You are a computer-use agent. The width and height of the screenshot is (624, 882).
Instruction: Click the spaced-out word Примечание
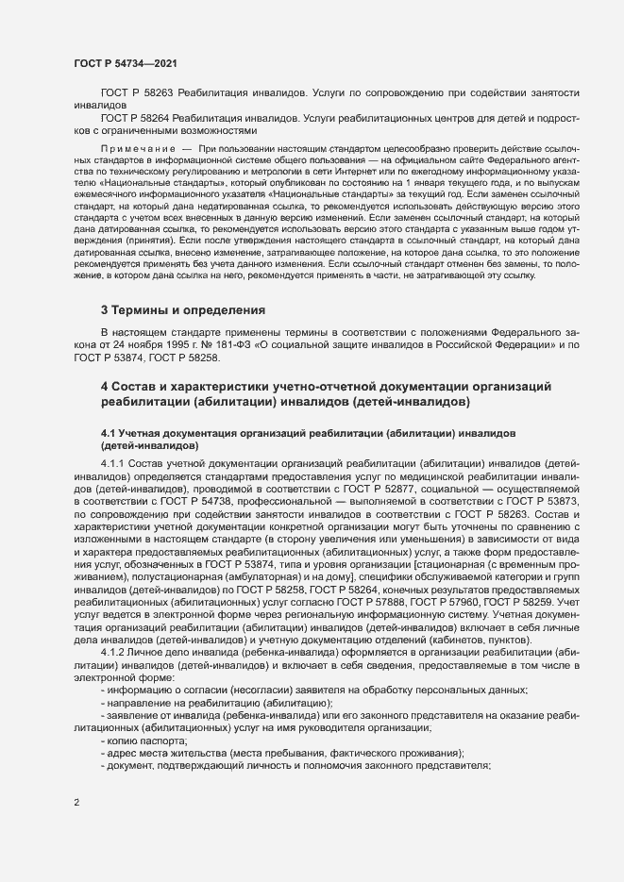pos(138,149)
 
